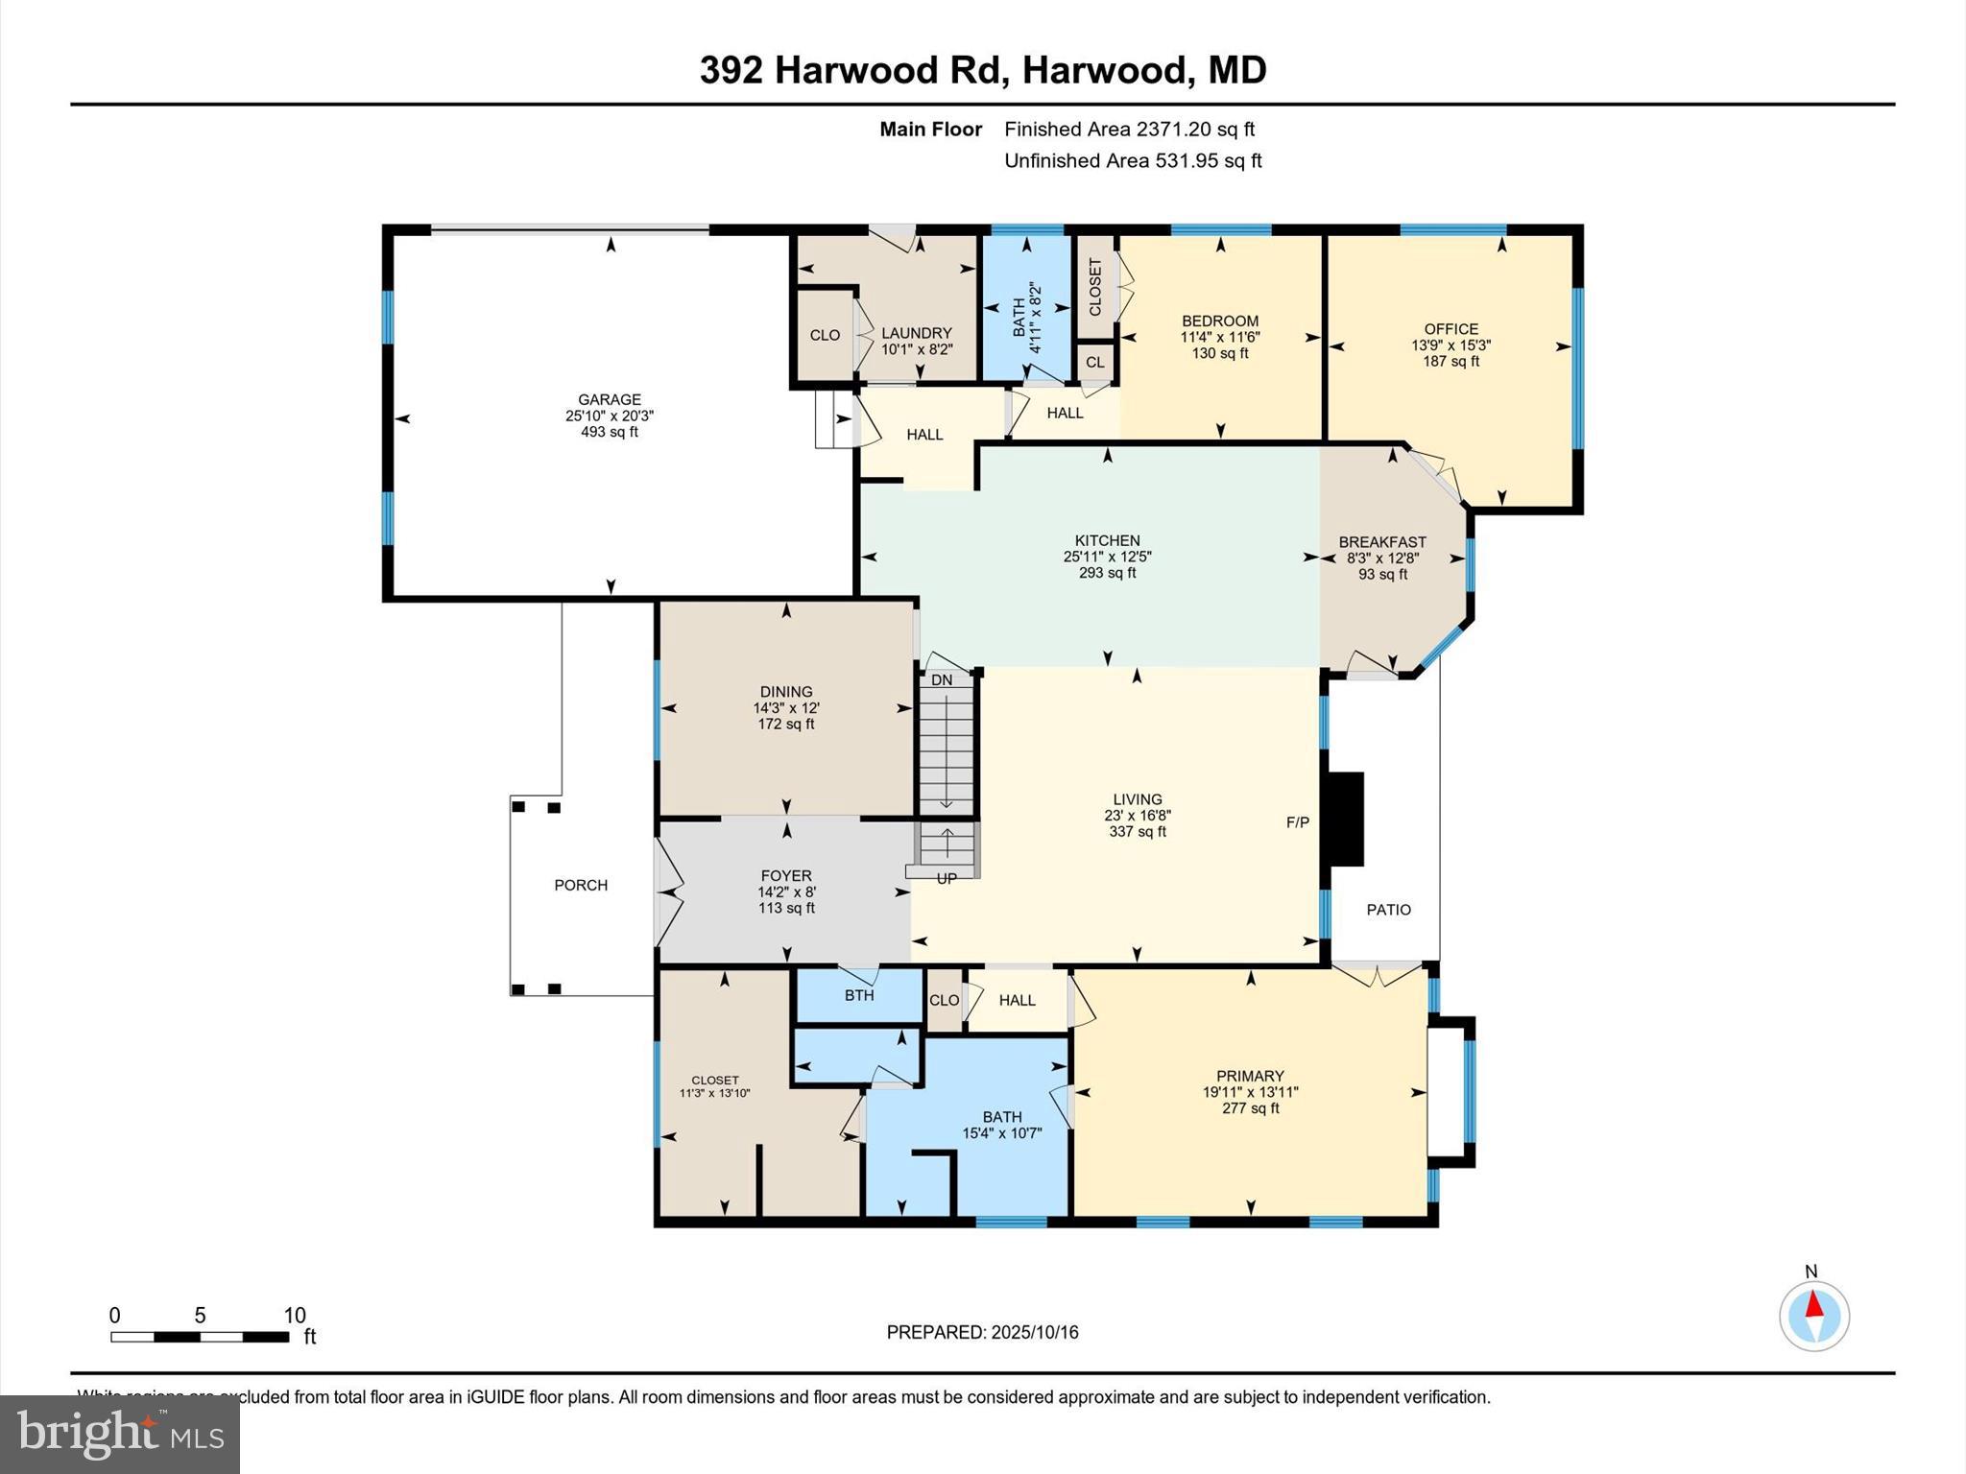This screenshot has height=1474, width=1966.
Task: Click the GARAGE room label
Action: [609, 399]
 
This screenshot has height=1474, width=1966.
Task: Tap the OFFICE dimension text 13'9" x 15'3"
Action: [1451, 345]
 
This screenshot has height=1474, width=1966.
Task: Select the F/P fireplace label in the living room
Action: [1297, 822]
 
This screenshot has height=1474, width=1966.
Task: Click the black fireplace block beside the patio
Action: [1345, 819]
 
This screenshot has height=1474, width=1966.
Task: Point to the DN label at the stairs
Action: [942, 680]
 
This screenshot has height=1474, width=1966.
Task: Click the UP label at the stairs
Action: [946, 878]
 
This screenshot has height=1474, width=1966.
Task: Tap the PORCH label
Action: [581, 885]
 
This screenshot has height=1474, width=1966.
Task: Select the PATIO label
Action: [1388, 910]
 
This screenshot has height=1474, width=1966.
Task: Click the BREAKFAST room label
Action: [1382, 542]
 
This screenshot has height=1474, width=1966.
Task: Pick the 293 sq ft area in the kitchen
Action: [1107, 573]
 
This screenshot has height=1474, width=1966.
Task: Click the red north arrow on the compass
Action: [1814, 1305]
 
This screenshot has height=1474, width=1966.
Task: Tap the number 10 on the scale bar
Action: [295, 1316]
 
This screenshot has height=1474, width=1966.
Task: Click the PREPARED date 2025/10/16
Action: [1035, 1332]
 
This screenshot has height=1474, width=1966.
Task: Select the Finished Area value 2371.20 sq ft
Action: [1195, 129]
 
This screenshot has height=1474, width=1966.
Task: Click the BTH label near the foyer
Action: [859, 995]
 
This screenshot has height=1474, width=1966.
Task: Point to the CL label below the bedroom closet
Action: [1094, 362]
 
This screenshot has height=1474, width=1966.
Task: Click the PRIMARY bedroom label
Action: [1250, 1076]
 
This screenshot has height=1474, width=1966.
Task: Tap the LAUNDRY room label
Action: [917, 333]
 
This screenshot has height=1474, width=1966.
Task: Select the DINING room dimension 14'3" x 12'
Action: [786, 707]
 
